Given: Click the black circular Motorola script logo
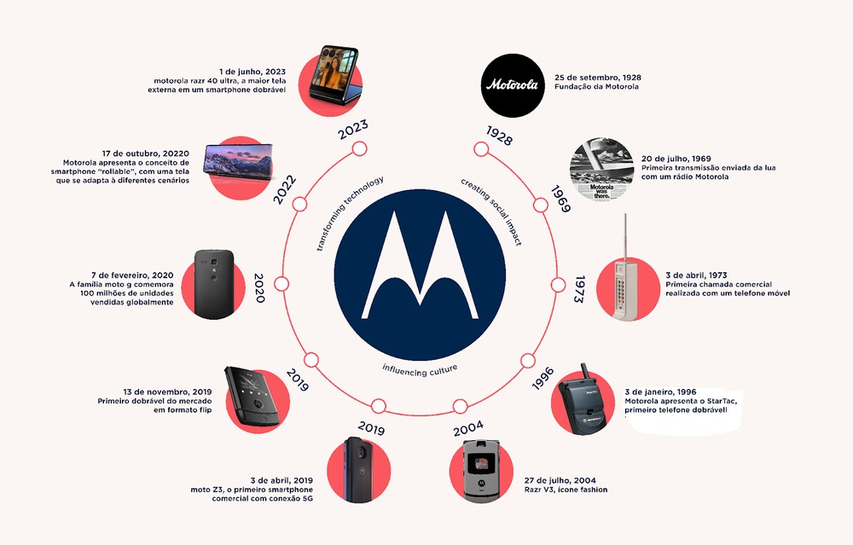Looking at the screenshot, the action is pyautogui.click(x=513, y=85).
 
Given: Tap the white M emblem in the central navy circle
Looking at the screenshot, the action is pyautogui.click(x=420, y=265).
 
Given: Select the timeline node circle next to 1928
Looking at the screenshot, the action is pyautogui.click(x=481, y=149).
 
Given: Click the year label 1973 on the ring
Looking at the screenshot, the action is pyautogui.click(x=579, y=289).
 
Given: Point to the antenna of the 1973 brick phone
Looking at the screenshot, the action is pyautogui.click(x=624, y=237).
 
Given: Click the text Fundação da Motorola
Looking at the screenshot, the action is pyautogui.click(x=597, y=86).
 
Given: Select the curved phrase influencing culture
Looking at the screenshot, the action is pyautogui.click(x=420, y=370).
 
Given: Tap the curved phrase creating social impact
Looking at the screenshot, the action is pyautogui.click(x=492, y=212).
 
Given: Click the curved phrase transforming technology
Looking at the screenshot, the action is pyautogui.click(x=349, y=212).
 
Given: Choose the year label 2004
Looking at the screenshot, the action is pyautogui.click(x=468, y=429).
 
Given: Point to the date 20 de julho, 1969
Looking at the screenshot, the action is pyautogui.click(x=676, y=159).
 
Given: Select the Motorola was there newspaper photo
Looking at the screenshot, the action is pyautogui.click(x=601, y=169).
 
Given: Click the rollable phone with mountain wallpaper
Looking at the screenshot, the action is pyautogui.click(x=238, y=161).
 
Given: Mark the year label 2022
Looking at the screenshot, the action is pyautogui.click(x=285, y=190).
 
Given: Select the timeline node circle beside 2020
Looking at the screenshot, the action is pyautogui.click(x=281, y=284).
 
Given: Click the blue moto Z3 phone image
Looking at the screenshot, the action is pyautogui.click(x=359, y=469).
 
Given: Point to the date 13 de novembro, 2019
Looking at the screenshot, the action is pyautogui.click(x=167, y=391).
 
